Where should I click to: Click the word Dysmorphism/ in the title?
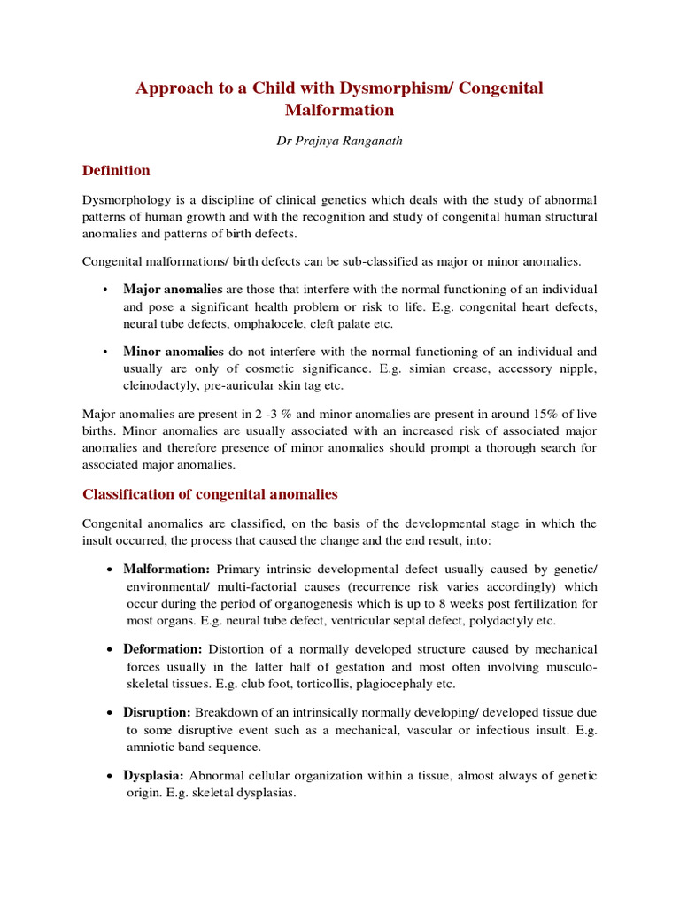pyautogui.click(x=387, y=89)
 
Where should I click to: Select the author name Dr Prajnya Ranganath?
pyautogui.click(x=340, y=141)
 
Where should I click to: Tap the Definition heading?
pyautogui.click(x=116, y=170)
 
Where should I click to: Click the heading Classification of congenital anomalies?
pyautogui.click(x=210, y=493)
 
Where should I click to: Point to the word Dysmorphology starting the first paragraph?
pyautogui.click(x=124, y=199)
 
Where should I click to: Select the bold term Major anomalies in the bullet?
pyautogui.click(x=173, y=289)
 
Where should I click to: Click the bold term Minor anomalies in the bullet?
pyautogui.click(x=173, y=351)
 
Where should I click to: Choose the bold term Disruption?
pyautogui.click(x=157, y=712)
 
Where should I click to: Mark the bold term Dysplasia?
pyautogui.click(x=154, y=775)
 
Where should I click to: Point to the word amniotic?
pyautogui.click(x=149, y=748)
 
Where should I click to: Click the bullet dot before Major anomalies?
pyautogui.click(x=104, y=290)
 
